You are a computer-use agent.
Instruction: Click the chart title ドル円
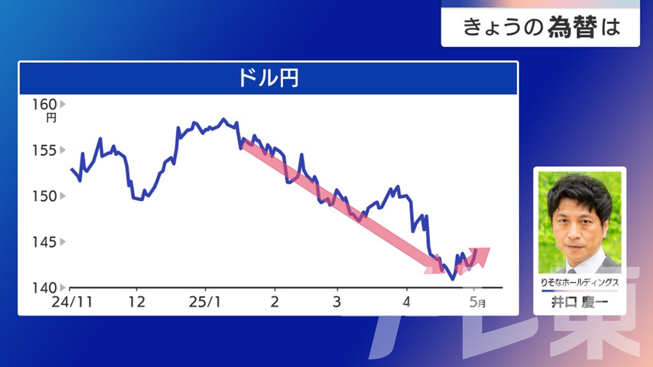tap(268, 78)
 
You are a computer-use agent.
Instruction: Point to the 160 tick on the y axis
tap(44, 104)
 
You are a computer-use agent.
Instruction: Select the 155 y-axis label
tap(44, 150)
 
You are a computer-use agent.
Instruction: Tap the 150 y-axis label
tap(44, 196)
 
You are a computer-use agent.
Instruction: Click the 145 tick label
tap(44, 242)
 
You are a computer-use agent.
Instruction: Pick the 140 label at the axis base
tap(44, 288)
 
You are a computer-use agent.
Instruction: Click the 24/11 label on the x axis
tap(72, 302)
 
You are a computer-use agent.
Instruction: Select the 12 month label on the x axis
tap(137, 302)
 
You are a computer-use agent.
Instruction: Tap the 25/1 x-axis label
tap(205, 302)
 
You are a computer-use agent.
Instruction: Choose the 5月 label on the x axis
tap(478, 302)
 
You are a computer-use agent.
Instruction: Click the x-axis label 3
tap(337, 302)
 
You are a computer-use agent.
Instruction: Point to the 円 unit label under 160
tap(52, 118)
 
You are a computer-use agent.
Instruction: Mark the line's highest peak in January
tap(223, 119)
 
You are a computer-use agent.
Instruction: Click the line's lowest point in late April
tap(453, 279)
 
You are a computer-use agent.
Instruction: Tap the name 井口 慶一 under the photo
tap(580, 302)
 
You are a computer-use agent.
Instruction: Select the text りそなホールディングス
tap(580, 282)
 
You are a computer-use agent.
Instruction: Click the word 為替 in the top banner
tap(572, 27)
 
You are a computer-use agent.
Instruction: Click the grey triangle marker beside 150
tap(62, 196)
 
